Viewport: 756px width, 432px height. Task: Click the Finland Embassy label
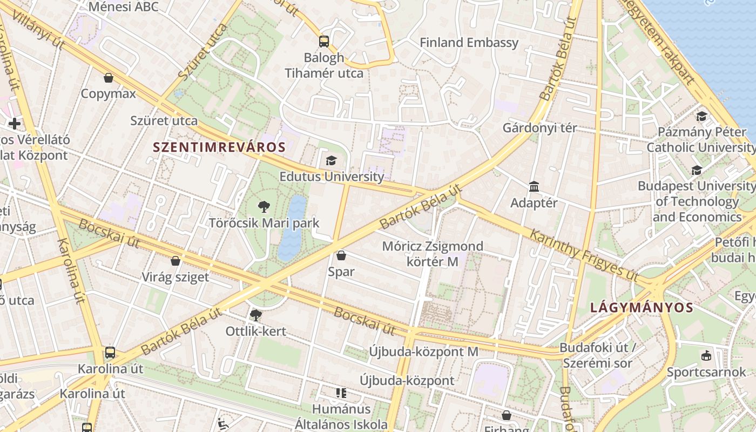click(469, 43)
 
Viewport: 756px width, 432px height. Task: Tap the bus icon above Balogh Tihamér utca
click(324, 41)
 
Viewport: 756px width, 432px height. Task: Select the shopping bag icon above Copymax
click(109, 78)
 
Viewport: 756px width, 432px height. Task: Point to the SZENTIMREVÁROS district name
click(219, 147)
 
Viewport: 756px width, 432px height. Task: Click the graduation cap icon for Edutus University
click(331, 160)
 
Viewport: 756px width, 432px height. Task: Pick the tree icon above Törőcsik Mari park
click(264, 206)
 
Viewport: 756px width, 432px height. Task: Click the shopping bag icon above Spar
click(341, 255)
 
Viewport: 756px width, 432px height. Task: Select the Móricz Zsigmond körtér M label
click(433, 254)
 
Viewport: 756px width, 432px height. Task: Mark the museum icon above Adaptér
click(534, 187)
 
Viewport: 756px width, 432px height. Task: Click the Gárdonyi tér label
click(539, 128)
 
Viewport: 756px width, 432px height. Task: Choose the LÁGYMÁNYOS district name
click(642, 308)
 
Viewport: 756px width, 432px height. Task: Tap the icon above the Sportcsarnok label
click(706, 355)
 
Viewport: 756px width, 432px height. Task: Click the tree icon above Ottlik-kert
click(255, 315)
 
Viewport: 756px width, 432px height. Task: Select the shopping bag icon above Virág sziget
click(175, 261)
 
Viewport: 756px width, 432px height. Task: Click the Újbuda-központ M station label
click(423, 352)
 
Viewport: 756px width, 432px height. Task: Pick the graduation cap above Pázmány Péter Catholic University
click(701, 116)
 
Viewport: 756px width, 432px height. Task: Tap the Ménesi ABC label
click(124, 6)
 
